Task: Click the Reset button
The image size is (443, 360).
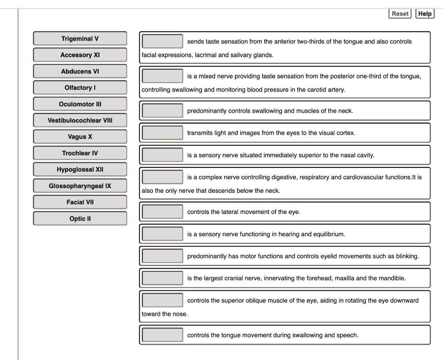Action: coord(400,13)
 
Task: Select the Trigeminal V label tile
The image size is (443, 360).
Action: coord(80,38)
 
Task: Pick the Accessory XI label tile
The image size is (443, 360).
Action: coord(80,55)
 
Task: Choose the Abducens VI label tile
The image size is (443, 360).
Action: coord(80,71)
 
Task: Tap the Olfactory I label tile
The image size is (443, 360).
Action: coord(80,88)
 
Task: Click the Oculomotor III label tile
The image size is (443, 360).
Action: coord(80,104)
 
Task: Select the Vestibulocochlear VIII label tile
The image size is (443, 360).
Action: coord(80,120)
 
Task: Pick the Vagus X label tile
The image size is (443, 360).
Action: coord(80,137)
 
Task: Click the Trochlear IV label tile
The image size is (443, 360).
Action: coord(80,153)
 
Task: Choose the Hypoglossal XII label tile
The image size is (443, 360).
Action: coord(80,169)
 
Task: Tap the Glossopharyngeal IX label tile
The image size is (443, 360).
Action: coord(80,186)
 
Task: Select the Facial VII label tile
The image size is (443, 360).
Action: coord(80,202)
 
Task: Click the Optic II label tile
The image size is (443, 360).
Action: coord(80,219)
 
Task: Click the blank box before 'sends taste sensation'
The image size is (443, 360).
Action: coord(163,41)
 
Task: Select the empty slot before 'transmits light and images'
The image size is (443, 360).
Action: coord(163,133)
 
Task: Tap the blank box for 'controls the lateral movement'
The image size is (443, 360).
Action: coord(163,212)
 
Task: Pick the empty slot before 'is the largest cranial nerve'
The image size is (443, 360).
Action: coord(163,278)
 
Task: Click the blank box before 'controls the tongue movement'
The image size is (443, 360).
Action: coord(163,335)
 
